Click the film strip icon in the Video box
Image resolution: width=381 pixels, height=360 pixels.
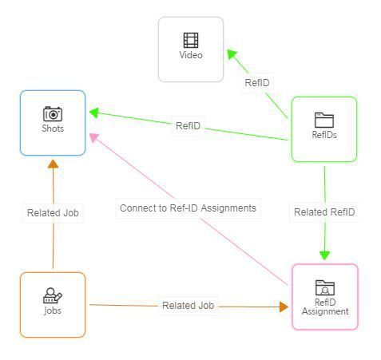[x=191, y=40]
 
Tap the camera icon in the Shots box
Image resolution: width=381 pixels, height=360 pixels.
[x=53, y=114]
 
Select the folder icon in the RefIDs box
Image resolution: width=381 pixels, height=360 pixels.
[x=324, y=120]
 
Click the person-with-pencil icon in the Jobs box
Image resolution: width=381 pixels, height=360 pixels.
[x=53, y=295]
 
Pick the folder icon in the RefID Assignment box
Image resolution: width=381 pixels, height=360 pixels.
[x=325, y=287]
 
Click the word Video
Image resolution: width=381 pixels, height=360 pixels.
[x=191, y=55]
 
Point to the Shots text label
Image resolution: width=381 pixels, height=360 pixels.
[x=53, y=129]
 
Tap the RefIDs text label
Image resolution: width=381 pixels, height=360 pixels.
[x=324, y=135]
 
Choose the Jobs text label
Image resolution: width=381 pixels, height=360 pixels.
[x=53, y=311]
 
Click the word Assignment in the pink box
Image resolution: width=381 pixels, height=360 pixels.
[x=325, y=311]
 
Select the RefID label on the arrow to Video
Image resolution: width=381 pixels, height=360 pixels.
[x=257, y=83]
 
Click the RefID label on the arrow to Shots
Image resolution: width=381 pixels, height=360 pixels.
[x=188, y=126]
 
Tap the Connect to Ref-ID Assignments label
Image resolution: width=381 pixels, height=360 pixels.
[x=188, y=208]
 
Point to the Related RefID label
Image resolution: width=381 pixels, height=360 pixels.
[x=324, y=212]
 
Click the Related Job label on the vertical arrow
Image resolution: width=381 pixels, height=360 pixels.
[x=53, y=213]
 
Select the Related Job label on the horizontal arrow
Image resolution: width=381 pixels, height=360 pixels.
[x=188, y=306]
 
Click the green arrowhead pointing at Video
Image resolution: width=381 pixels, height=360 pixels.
[x=232, y=54]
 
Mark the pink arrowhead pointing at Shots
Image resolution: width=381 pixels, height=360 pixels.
[x=93, y=137]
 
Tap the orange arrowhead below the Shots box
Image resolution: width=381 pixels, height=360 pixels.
[x=53, y=164]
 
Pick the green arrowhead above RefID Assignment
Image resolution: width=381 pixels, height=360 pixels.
[x=325, y=255]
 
